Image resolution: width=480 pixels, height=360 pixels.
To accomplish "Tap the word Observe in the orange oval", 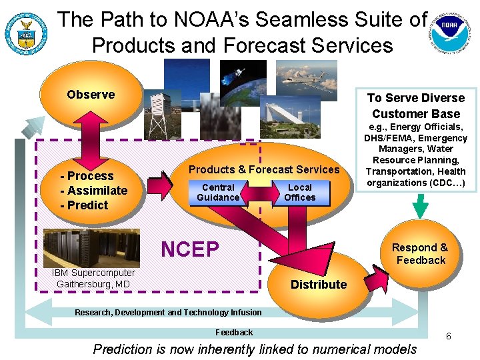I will point(91,95).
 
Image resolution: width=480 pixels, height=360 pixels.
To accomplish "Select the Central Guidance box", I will point(218,192).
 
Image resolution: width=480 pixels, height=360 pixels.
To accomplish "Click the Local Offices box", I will point(299,192).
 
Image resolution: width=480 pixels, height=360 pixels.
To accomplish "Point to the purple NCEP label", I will point(190,249).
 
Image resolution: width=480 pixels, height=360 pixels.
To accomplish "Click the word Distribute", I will point(319,284).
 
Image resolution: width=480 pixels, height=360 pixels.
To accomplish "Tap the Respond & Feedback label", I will point(420,254).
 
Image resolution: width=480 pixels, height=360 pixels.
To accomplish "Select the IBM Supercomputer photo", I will point(83,248).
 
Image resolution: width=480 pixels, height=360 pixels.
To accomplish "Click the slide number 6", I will point(449,336).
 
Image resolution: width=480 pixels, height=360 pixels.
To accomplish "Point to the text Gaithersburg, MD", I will point(93,285).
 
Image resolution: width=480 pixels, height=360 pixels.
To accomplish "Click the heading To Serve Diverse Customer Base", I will point(416,105).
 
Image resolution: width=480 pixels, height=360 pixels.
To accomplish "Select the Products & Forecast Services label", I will point(264,169).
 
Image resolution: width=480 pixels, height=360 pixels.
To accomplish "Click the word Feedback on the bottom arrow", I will point(234,332).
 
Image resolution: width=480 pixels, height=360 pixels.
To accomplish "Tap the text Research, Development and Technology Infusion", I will point(168,312).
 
